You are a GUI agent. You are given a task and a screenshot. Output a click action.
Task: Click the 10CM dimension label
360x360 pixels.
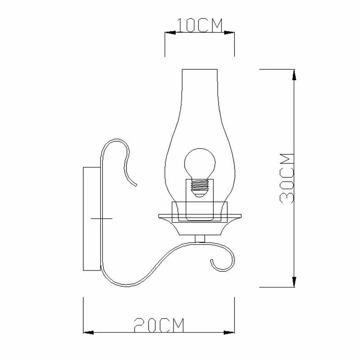[x=199, y=25]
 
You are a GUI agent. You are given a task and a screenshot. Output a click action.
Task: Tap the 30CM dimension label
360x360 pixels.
[x=287, y=178]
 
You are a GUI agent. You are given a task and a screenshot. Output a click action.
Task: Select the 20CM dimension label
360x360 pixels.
[x=159, y=325]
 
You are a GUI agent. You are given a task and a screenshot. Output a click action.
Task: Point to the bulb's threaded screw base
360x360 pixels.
[x=199, y=188]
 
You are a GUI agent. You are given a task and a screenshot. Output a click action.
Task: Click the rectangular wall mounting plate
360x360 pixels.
[x=92, y=219]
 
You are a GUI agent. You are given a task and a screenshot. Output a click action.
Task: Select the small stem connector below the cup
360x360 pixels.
[x=200, y=239]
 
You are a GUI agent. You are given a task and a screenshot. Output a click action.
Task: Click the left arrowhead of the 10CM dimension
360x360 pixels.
[x=170, y=32]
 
